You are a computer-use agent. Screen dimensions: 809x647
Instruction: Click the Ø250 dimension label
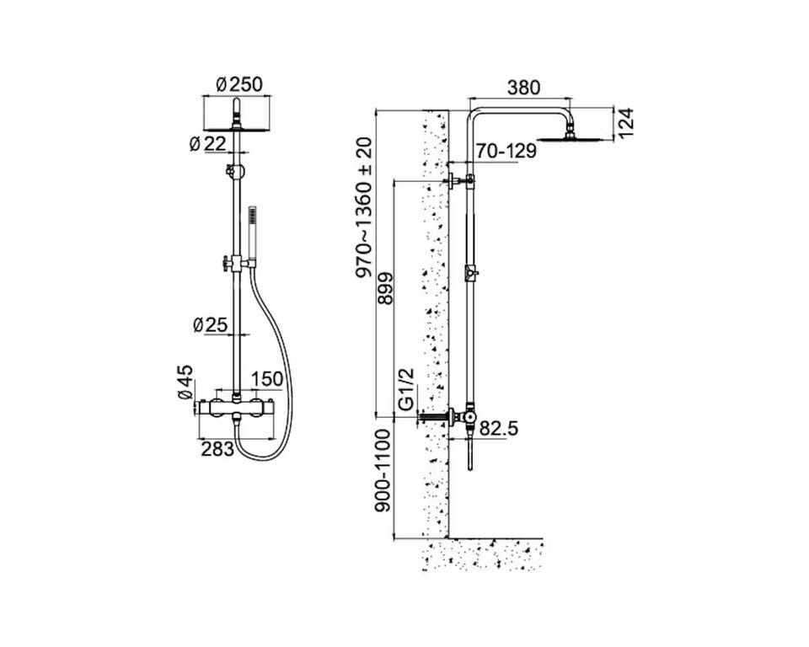(x=238, y=84)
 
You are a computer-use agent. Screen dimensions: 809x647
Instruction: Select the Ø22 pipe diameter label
(x=207, y=144)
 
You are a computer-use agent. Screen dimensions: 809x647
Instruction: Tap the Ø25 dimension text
(x=210, y=325)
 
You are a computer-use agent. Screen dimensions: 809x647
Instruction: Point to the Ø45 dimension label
(x=185, y=382)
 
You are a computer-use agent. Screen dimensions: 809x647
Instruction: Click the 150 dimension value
(x=267, y=379)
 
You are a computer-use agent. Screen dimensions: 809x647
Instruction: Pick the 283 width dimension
(x=217, y=449)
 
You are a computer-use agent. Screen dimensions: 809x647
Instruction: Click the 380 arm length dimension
(x=523, y=88)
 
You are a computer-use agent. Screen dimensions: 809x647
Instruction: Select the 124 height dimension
(x=625, y=123)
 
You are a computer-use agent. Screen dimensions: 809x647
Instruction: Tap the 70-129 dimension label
(x=506, y=151)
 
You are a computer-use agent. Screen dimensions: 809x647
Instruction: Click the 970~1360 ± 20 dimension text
(x=364, y=207)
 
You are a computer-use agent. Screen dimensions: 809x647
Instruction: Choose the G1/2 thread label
(x=407, y=389)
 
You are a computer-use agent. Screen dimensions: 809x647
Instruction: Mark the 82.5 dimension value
(x=499, y=428)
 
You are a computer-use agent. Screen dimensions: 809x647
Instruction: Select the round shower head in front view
(x=237, y=129)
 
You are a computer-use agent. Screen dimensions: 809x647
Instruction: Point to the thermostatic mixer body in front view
(x=237, y=408)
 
